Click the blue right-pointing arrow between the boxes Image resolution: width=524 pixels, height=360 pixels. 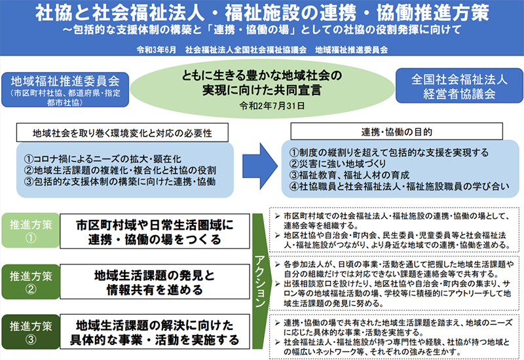pos(260,166)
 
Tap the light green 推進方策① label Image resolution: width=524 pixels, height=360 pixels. pos(31,230)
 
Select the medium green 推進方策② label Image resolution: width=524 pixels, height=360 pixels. pos(31,281)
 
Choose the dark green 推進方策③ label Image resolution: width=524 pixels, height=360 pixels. pos(31,332)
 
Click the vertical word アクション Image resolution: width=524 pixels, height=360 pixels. pos(260,281)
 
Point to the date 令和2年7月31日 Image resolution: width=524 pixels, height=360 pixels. pos(272,106)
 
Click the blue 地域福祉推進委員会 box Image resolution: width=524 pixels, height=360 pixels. pos(65,90)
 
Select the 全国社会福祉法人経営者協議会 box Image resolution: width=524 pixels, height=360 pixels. pos(459,86)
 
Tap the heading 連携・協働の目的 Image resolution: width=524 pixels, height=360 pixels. pos(397,132)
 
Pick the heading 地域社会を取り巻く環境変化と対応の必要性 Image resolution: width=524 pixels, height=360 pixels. pos(122,133)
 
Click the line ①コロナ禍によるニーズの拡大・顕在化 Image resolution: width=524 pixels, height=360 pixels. pos(102,159)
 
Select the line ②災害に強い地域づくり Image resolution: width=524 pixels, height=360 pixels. pos(337,164)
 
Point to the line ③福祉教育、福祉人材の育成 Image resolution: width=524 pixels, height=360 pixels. pos(349,175)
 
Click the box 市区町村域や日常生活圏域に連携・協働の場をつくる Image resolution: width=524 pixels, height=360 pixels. pos(155,232)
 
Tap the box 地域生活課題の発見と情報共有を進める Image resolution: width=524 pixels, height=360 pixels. pos(155,282)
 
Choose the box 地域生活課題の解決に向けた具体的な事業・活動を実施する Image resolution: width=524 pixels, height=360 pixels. pos(155,332)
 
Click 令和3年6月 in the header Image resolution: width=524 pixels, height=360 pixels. pos(156,50)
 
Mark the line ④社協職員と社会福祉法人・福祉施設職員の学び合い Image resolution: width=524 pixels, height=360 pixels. pos(400,187)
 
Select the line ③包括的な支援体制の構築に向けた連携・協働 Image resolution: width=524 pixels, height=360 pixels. pos(120,182)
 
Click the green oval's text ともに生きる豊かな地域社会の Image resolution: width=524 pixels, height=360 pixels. pos(261,75)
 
